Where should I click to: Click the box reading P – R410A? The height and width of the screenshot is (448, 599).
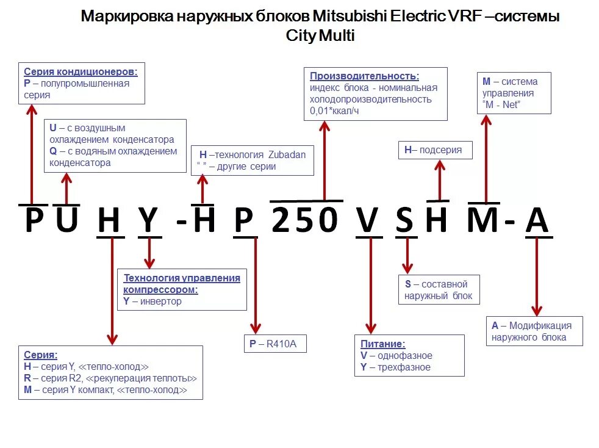pos(274,344)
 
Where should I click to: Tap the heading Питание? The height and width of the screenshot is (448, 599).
pos(383,344)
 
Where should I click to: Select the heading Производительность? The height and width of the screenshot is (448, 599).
pos(364,76)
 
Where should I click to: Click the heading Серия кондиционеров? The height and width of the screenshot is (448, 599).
pos(81,71)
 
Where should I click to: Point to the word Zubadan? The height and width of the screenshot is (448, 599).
pos(285,154)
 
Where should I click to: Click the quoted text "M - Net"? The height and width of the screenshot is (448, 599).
pos(501,104)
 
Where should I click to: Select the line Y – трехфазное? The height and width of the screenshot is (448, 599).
pos(395,367)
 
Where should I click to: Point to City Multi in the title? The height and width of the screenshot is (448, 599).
pos(320,35)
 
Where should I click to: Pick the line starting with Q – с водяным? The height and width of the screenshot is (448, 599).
pos(113,151)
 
